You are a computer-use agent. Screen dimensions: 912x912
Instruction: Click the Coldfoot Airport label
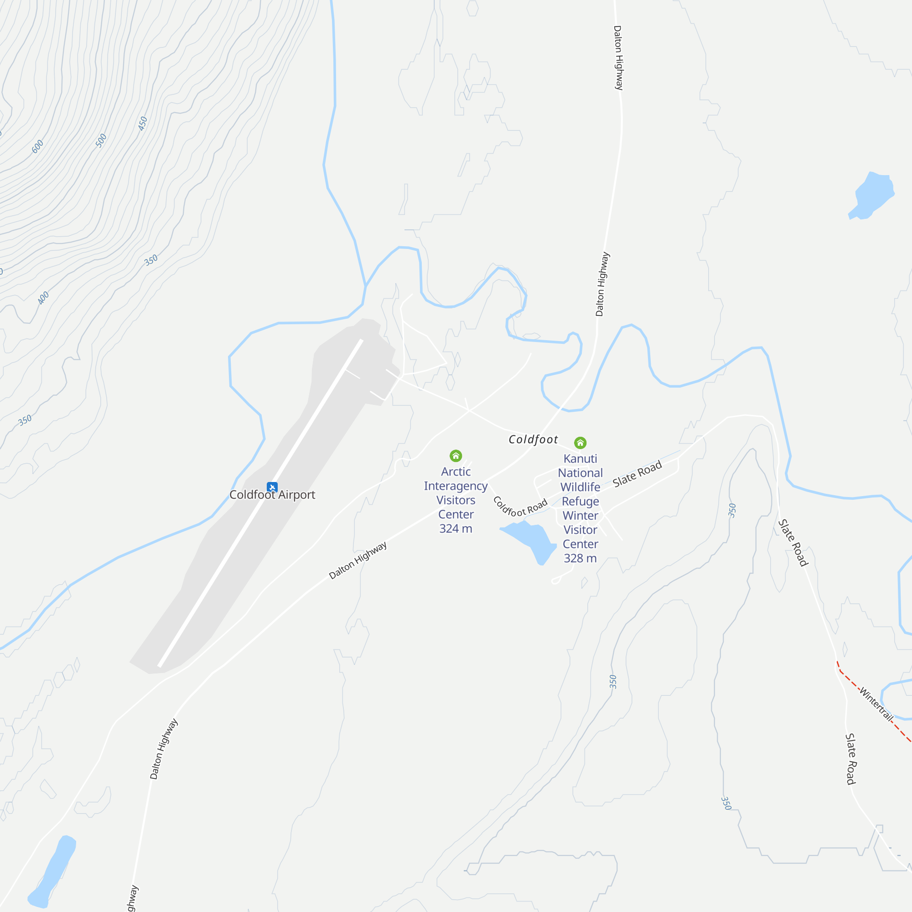272,495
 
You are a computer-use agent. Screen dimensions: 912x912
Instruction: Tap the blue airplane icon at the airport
272,487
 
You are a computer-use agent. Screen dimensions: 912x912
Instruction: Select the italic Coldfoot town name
533,440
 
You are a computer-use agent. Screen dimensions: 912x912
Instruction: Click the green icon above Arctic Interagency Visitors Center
456,456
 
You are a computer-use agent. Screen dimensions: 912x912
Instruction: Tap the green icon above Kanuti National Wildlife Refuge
580,443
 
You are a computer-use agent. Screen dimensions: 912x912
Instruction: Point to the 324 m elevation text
456,529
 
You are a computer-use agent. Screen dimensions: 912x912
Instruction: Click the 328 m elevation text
580,559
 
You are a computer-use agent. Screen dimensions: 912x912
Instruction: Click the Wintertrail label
876,705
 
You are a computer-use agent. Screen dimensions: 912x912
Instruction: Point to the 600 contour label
38,146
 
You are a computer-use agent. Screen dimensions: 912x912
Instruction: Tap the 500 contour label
102,140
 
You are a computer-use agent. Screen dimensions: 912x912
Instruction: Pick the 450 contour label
143,124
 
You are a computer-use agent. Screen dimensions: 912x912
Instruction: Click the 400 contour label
43,298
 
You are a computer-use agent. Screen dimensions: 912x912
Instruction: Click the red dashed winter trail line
850,680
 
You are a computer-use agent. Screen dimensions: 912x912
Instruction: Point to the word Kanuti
580,459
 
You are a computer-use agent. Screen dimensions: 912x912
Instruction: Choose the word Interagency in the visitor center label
456,486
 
